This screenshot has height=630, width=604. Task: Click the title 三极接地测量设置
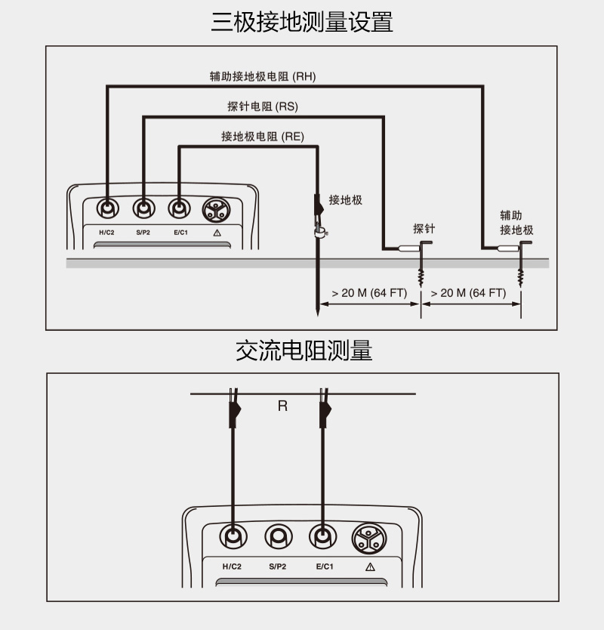pyautogui.click(x=302, y=22)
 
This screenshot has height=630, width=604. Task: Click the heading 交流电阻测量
pyautogui.click(x=304, y=351)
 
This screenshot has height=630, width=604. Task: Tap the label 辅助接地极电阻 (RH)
pyautogui.click(x=263, y=76)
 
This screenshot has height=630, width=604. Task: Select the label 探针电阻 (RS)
pyautogui.click(x=263, y=107)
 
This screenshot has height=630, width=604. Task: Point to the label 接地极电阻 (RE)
pyautogui.click(x=263, y=137)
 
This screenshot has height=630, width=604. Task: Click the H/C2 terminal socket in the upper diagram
pyautogui.click(x=108, y=208)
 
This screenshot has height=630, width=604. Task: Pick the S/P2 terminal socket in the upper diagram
pyautogui.click(x=143, y=208)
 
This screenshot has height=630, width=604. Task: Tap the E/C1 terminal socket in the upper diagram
pyautogui.click(x=179, y=208)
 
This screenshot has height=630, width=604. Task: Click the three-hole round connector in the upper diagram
pyautogui.click(x=216, y=210)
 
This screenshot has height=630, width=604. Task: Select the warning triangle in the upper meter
pyautogui.click(x=217, y=233)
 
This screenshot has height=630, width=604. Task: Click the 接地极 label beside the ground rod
pyautogui.click(x=345, y=200)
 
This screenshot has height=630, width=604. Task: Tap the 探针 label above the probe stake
pyautogui.click(x=424, y=229)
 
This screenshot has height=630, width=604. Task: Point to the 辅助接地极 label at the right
pyautogui.click(x=516, y=223)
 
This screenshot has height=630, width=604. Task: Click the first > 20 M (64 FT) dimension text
pyautogui.click(x=369, y=293)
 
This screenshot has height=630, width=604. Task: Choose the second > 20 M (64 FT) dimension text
pyautogui.click(x=468, y=293)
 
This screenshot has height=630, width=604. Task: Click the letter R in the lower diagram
pyautogui.click(x=282, y=406)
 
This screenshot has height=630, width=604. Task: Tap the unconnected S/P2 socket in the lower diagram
pyautogui.click(x=279, y=536)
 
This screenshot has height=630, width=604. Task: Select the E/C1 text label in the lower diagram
pyautogui.click(x=325, y=567)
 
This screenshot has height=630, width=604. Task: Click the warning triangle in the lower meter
pyautogui.click(x=370, y=567)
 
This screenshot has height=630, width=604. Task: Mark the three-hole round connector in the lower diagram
pyautogui.click(x=369, y=539)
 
